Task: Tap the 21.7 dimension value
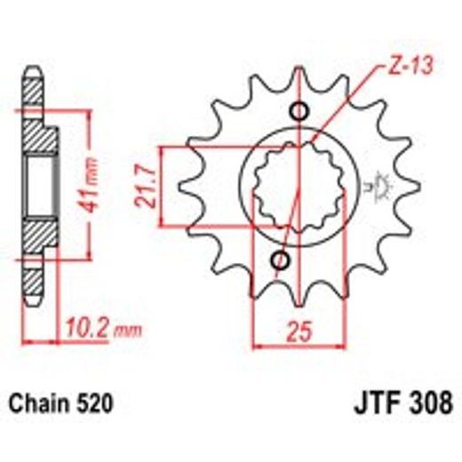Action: click(x=147, y=185)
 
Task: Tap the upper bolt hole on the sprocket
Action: click(x=299, y=112)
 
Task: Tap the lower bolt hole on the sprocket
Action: click(x=282, y=260)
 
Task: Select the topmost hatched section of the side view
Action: click(x=33, y=92)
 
